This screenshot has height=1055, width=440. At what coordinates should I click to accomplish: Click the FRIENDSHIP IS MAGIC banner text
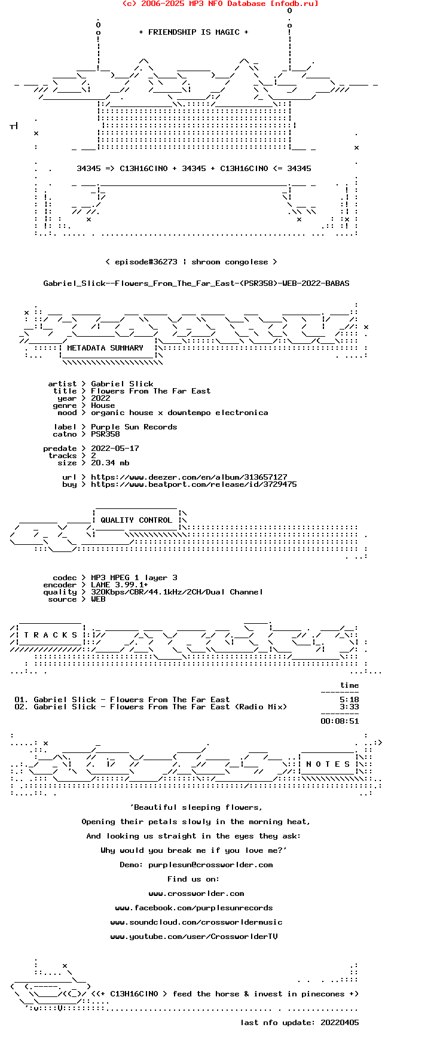pos(194,32)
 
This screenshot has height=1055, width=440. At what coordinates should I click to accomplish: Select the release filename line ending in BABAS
pos(196,283)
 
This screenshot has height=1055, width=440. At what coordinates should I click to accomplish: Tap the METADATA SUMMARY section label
pos(105,348)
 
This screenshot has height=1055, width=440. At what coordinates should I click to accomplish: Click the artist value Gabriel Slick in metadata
pos(122,384)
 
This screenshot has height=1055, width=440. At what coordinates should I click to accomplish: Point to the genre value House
pos(103,405)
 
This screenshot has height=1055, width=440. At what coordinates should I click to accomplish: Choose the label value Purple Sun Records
pos(134,427)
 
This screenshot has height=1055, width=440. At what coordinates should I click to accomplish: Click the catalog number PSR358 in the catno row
pos(105,434)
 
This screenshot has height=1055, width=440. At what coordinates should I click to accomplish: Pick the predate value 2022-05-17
pos(115,449)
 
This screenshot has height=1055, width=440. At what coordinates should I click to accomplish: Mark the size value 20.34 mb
pos(110,463)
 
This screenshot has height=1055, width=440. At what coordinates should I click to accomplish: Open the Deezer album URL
pos(189,477)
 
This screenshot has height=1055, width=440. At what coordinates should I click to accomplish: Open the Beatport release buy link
pos(194,484)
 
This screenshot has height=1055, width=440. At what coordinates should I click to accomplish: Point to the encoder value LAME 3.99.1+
pos(120,585)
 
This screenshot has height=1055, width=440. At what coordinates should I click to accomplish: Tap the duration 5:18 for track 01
pos(349,700)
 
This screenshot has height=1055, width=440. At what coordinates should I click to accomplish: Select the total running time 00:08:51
pos(340,721)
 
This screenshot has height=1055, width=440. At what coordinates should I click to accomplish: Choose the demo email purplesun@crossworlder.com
pos(210,865)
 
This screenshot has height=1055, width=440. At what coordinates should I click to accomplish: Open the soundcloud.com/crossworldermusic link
pos(196,922)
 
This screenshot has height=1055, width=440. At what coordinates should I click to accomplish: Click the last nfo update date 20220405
pos(340,1023)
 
